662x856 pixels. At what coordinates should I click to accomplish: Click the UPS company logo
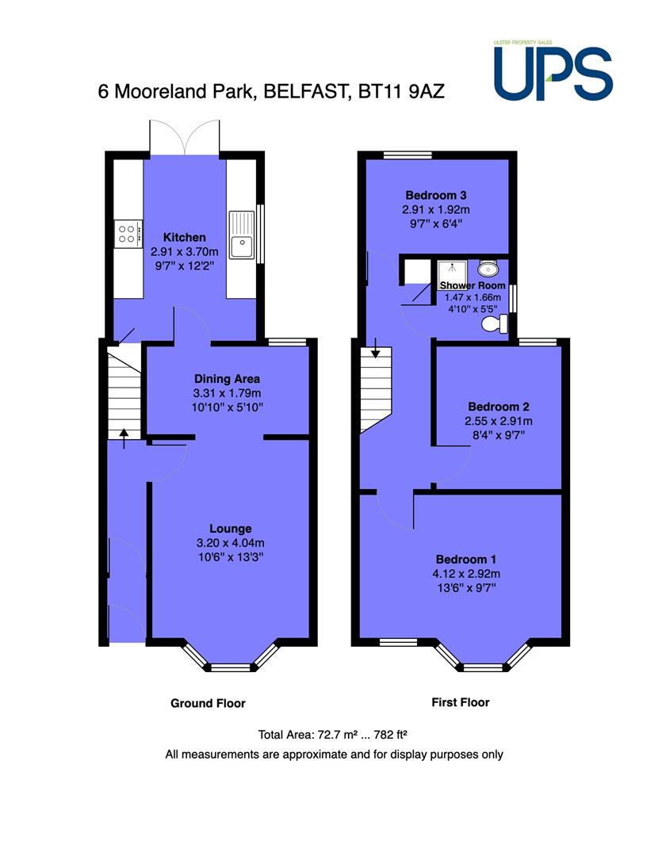(x=553, y=71)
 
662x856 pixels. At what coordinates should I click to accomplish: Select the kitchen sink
(x=242, y=235)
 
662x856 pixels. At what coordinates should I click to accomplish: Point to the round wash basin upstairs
(x=488, y=269)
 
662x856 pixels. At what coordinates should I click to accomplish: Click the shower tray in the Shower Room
(x=452, y=274)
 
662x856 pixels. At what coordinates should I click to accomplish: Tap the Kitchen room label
(x=185, y=238)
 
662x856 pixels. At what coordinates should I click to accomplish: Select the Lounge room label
(x=231, y=529)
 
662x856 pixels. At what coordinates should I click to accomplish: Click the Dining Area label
(x=228, y=379)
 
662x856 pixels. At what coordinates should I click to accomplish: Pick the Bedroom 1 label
(x=466, y=560)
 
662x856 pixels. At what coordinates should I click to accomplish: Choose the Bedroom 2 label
(x=499, y=407)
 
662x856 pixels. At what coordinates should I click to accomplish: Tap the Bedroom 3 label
(x=436, y=196)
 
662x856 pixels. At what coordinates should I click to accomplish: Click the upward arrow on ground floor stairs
(x=124, y=438)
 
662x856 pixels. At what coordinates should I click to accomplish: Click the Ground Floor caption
(x=208, y=703)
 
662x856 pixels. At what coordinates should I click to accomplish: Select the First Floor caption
(x=461, y=702)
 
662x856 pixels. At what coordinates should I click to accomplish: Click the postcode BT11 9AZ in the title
(x=401, y=91)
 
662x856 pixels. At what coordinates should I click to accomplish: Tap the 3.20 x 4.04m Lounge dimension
(x=231, y=543)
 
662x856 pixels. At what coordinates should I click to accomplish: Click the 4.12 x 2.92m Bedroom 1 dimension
(x=466, y=574)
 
